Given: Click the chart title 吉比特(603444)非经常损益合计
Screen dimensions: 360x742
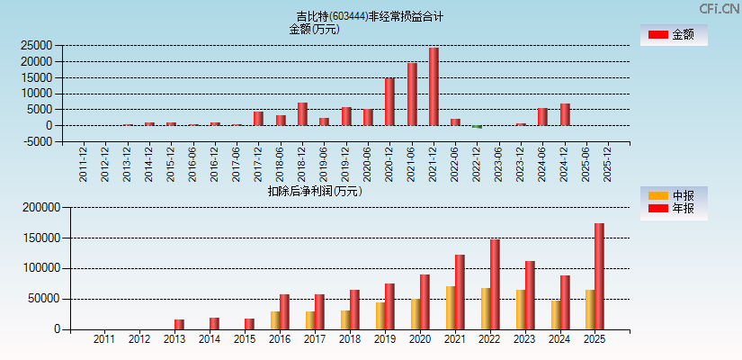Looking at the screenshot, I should (x=370, y=16).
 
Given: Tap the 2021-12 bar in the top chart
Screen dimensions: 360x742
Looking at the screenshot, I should (x=434, y=86).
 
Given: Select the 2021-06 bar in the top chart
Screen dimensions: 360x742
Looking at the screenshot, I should (x=412, y=94).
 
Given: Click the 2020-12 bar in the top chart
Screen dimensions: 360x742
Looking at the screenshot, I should (x=389, y=102).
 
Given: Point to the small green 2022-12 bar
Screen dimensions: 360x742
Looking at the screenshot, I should (x=478, y=127).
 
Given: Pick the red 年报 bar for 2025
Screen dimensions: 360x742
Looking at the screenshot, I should (x=599, y=275).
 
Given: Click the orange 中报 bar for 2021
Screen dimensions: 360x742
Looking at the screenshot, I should (x=450, y=307).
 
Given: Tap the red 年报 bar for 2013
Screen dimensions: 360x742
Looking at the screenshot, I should (x=179, y=324).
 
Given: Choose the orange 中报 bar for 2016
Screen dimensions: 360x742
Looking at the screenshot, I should (x=275, y=319).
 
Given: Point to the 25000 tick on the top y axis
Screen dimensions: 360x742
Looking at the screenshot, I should (x=37, y=45).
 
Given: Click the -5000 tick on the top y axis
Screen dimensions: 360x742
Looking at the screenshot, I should (x=37, y=142).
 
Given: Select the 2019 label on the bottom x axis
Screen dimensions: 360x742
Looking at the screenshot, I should (x=384, y=339).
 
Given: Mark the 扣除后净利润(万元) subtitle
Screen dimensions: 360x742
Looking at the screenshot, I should (x=315, y=191).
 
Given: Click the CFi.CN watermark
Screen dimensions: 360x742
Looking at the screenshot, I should (x=718, y=8).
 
